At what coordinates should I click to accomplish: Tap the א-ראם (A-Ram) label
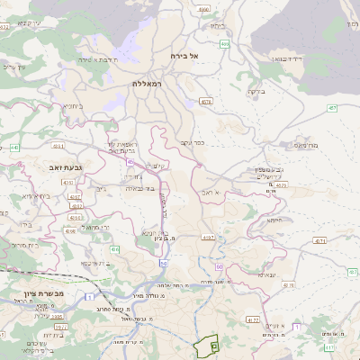coord(222,192)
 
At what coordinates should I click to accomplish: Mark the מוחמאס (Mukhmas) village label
coord(306,144)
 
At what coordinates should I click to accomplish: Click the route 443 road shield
coord(14,147)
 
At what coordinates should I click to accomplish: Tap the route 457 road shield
coord(332,108)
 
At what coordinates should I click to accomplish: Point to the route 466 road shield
coord(224,43)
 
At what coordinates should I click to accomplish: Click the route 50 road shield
coord(163,264)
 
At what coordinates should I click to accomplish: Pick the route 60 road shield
coord(218,266)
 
